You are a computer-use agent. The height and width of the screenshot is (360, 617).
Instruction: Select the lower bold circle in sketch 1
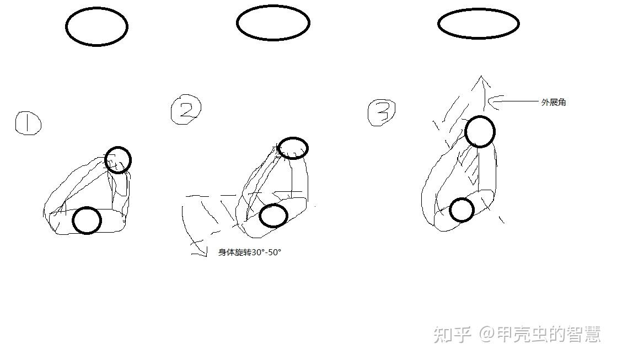[x=73, y=221]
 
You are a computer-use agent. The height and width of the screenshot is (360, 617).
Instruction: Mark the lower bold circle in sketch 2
[x=260, y=216]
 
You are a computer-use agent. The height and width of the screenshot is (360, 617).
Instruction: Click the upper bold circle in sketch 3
[x=466, y=132]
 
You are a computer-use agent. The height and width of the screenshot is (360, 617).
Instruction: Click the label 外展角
[x=554, y=103]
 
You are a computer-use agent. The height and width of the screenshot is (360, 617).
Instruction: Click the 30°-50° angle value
[x=266, y=252]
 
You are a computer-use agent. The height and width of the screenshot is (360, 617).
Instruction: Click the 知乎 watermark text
[x=453, y=335]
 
